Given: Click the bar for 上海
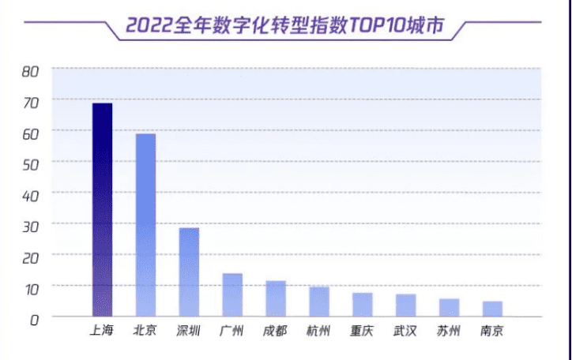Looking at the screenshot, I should click(103, 209).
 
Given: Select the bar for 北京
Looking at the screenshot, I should click(145, 225).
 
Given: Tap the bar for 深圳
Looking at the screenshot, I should click(189, 272).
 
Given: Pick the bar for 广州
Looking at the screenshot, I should click(232, 294).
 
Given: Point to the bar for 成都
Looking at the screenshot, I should click(276, 298).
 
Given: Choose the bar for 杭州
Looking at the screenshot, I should click(319, 301).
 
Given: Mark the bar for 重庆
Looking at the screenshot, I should click(363, 304).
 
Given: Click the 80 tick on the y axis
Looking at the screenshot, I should click(31, 71).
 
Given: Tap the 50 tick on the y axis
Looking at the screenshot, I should click(31, 163).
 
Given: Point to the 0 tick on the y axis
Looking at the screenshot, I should click(35, 318).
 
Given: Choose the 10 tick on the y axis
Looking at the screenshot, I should click(31, 287).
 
